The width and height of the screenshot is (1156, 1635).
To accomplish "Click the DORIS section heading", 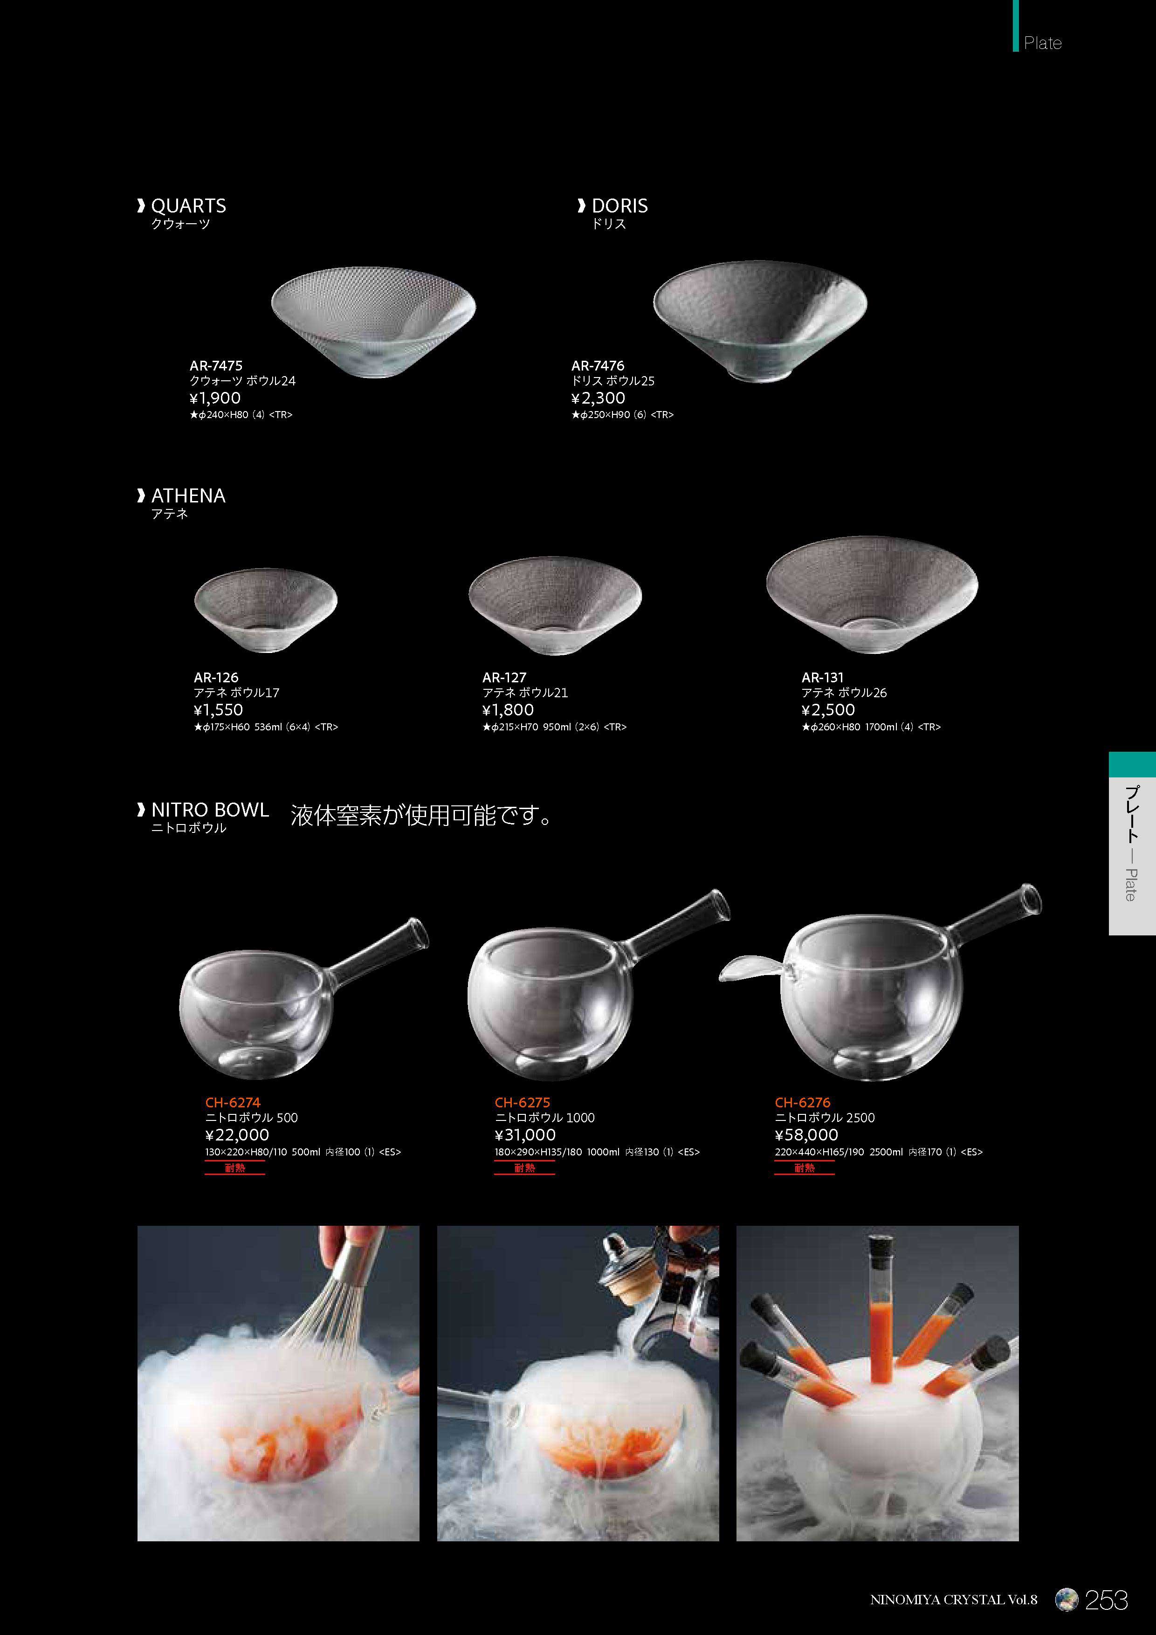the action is tap(619, 206).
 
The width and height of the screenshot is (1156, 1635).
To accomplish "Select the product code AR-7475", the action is tap(216, 365).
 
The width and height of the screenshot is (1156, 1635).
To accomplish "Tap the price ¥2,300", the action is tap(599, 398).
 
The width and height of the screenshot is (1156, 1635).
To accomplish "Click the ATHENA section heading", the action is tap(188, 495).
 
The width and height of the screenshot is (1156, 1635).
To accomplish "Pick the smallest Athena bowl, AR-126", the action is tap(266, 610).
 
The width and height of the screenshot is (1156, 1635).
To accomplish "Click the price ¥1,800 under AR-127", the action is tap(508, 710).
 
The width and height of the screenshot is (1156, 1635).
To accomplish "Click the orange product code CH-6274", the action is tap(233, 1102).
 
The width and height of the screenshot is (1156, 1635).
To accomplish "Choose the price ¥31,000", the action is tap(525, 1135).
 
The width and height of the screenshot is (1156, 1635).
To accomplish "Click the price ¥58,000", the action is tap(806, 1135).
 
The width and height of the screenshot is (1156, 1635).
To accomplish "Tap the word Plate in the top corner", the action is tap(1043, 43).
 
